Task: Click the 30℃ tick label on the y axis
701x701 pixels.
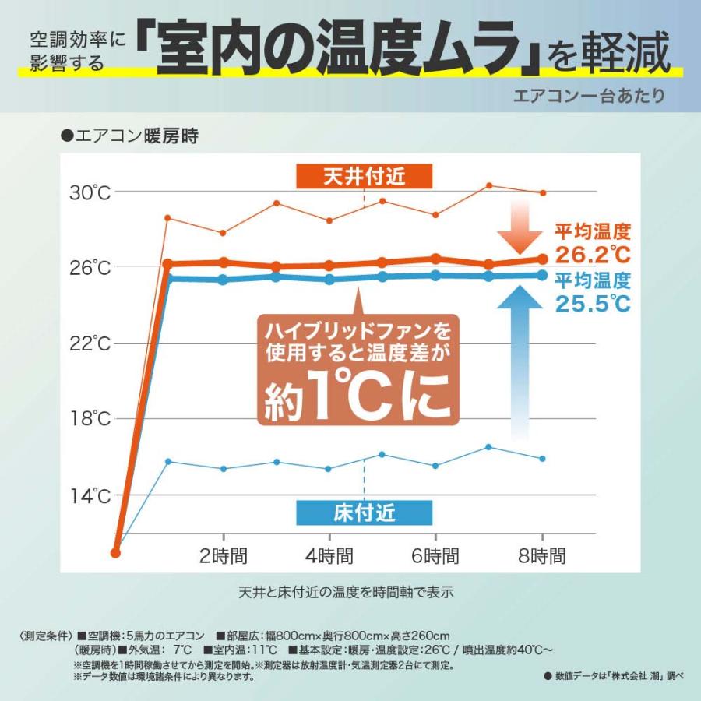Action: [x=93, y=192]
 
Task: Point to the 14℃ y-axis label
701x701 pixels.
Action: [x=93, y=496]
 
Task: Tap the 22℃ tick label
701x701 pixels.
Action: [x=93, y=343]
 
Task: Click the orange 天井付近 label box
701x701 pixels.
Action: [x=364, y=177]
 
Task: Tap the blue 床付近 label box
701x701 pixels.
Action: [x=364, y=512]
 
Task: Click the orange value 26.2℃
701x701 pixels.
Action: [x=592, y=254]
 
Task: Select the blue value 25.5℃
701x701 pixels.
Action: [x=592, y=303]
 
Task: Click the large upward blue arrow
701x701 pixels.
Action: [x=524, y=358]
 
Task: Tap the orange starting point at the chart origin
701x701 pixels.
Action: [x=116, y=552]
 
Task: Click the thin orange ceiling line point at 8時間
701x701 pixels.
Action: [x=543, y=192]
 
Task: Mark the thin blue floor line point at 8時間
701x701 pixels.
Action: [x=543, y=458]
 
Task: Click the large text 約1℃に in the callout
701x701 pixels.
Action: [x=357, y=399]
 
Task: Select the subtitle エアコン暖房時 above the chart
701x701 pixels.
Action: [x=125, y=137]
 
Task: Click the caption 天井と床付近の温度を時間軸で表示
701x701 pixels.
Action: [x=346, y=591]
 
